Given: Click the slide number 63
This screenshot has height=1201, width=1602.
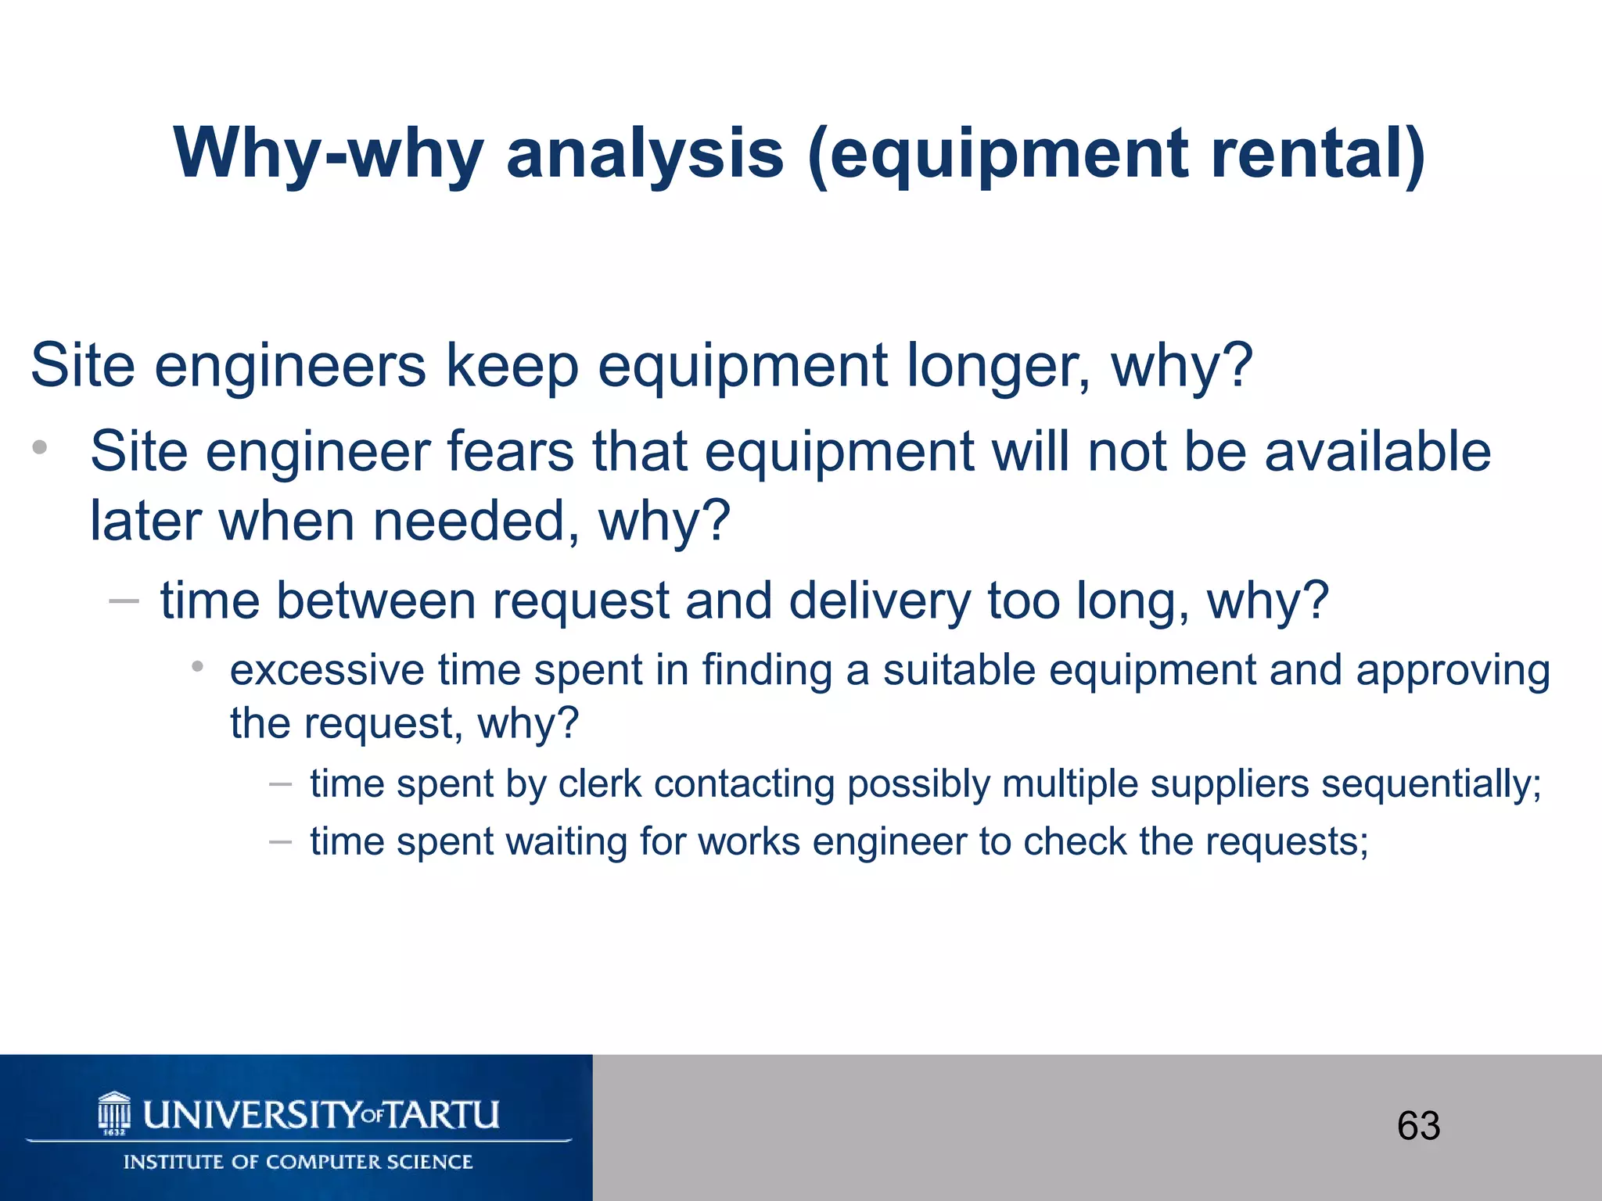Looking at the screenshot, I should [1418, 1126].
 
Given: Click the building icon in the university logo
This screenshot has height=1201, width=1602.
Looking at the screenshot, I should [114, 1113].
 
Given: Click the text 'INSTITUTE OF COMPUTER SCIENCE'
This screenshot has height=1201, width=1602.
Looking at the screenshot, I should [298, 1162].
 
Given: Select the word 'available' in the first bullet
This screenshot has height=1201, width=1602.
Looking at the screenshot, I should [1378, 452].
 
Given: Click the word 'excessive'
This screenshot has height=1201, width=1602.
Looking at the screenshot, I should [326, 671].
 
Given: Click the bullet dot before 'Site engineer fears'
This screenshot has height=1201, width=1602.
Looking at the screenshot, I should [40, 448].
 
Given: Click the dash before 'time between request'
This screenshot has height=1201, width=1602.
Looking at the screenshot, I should [124, 601].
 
